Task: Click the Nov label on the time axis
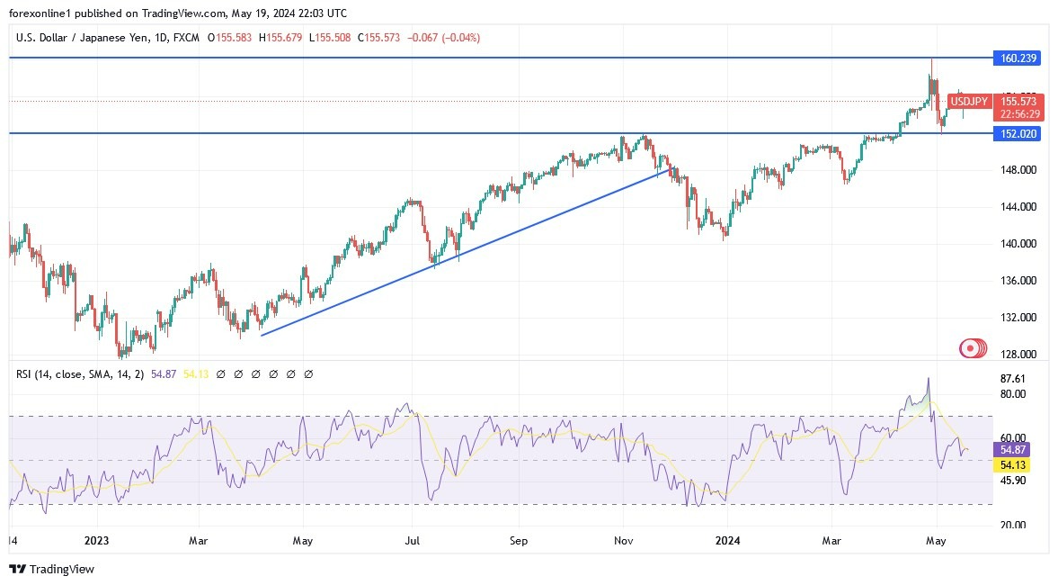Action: pyautogui.click(x=625, y=541)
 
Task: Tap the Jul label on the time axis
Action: pyautogui.click(x=412, y=541)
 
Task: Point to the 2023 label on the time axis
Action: pyautogui.click(x=96, y=541)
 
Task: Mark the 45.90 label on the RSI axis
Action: pyautogui.click(x=1012, y=481)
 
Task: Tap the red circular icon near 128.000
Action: pyautogui.click(x=971, y=348)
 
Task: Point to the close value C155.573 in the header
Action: pyautogui.click(x=378, y=38)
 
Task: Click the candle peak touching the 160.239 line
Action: pyautogui.click(x=931, y=60)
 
